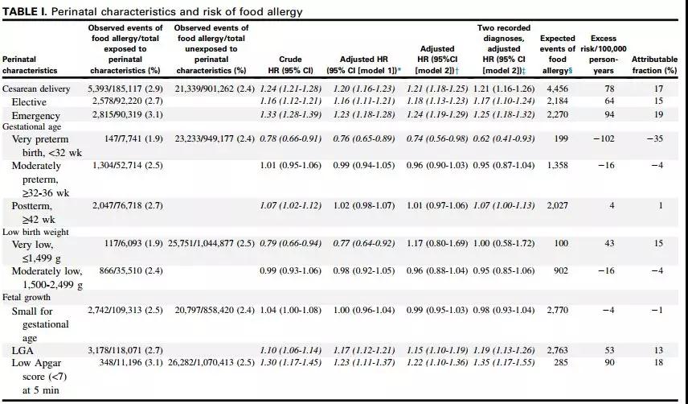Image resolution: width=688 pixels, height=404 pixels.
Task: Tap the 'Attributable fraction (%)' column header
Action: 654,64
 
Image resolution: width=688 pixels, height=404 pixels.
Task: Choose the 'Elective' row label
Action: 29,102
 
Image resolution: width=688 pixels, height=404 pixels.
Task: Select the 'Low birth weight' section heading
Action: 36,233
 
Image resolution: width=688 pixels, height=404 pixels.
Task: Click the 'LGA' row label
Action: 22,351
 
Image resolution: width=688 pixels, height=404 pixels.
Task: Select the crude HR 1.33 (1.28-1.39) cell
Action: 290,115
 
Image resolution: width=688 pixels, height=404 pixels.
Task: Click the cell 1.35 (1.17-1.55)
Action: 503,364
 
